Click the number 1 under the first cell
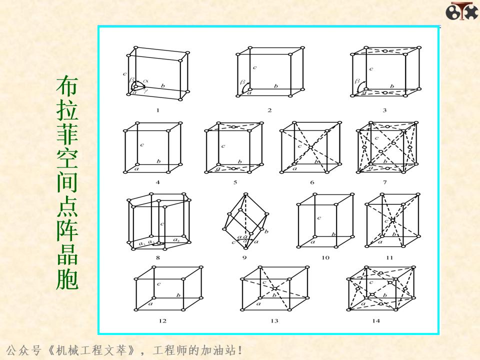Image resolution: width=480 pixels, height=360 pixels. coord(157,110)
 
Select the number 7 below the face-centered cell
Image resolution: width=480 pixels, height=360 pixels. coord(384,182)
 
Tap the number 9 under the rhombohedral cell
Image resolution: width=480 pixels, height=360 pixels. coord(244,257)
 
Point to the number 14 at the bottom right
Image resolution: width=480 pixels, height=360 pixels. coord(375,321)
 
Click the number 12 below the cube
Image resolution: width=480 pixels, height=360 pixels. coord(162,321)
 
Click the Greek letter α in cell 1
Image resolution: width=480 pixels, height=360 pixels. coord(146,80)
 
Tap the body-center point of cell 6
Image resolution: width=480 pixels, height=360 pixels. coord(310,147)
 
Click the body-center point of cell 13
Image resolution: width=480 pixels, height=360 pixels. coord(274,288)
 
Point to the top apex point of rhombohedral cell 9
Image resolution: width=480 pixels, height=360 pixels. coord(244,194)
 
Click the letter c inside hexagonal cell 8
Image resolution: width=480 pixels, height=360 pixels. coord(161,224)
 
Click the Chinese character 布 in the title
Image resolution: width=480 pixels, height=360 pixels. coord(67,86)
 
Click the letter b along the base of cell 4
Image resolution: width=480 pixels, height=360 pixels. coord(158,161)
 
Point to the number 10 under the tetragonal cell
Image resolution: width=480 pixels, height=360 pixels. coord(325,257)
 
